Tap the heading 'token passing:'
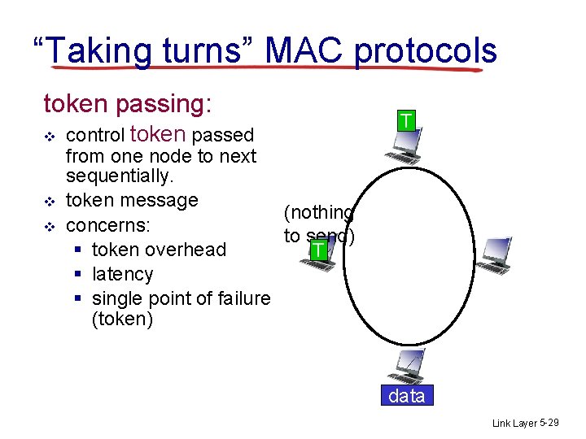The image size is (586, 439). pos(128,104)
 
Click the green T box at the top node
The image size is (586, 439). pos(406,121)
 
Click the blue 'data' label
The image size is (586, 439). pos(406,396)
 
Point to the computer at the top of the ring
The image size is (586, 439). pos(405,148)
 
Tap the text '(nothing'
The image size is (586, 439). pos(318,213)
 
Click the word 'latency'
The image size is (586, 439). pos(123,274)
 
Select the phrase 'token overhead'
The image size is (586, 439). pos(159,250)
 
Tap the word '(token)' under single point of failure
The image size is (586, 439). pos(123,319)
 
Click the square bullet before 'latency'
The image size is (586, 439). pos(76,275)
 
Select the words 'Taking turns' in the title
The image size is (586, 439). pos(147,50)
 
